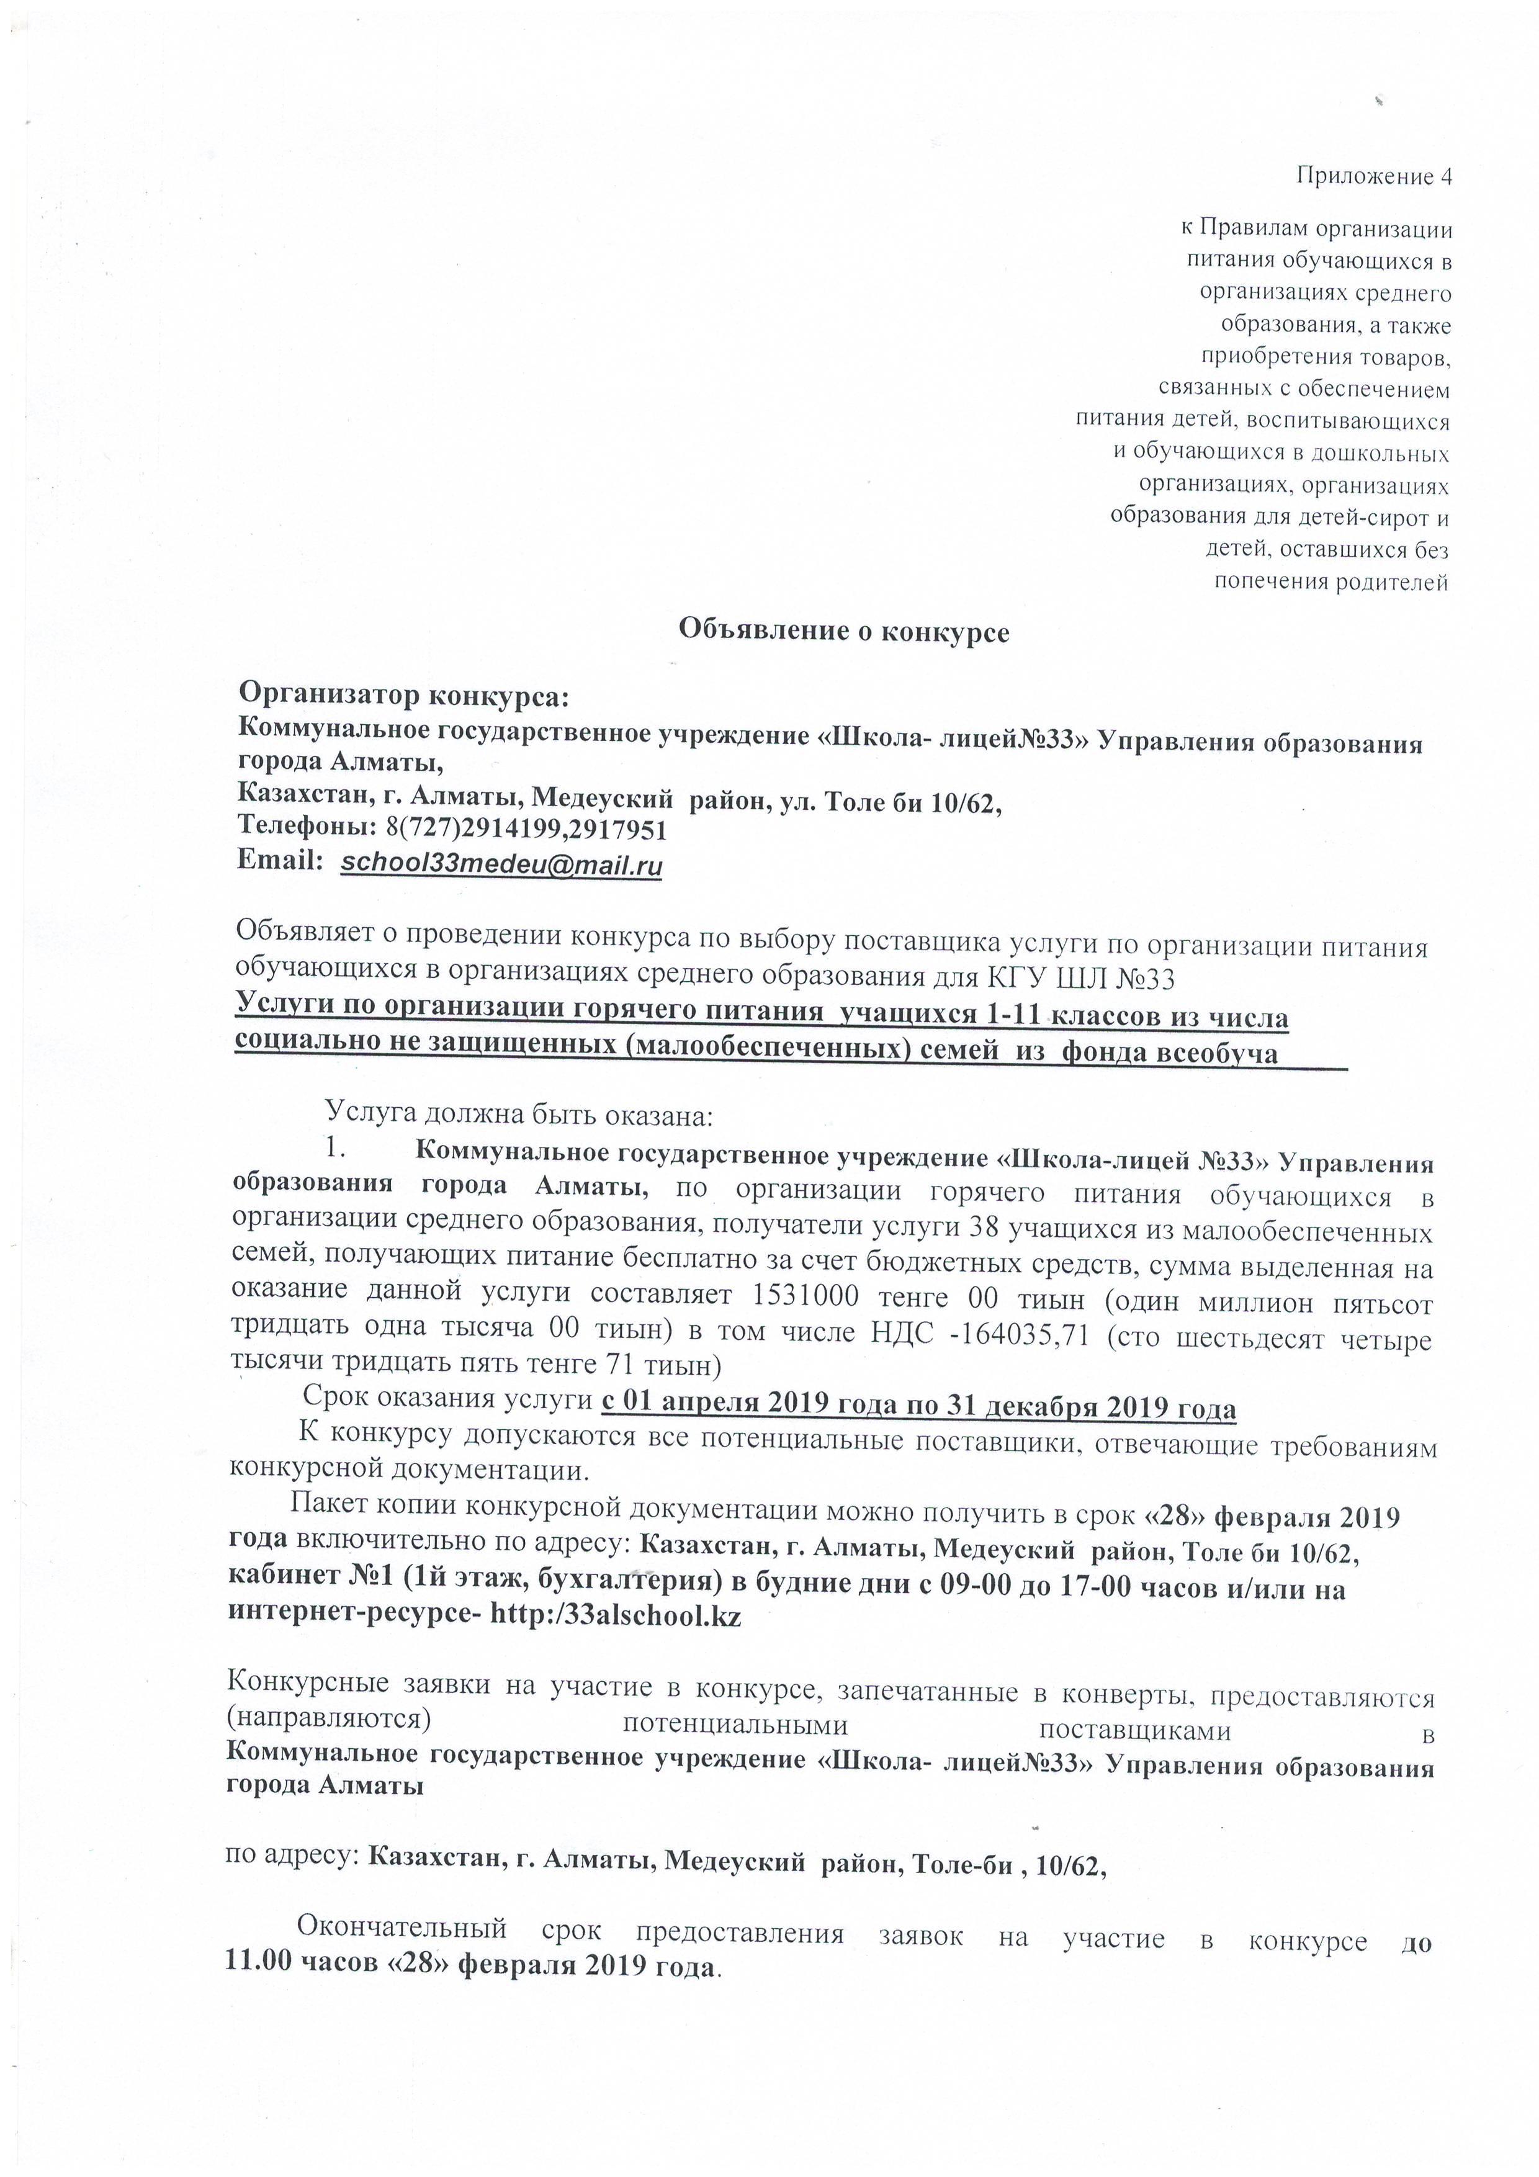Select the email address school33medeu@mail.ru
[501, 864]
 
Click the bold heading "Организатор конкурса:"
[402, 696]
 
